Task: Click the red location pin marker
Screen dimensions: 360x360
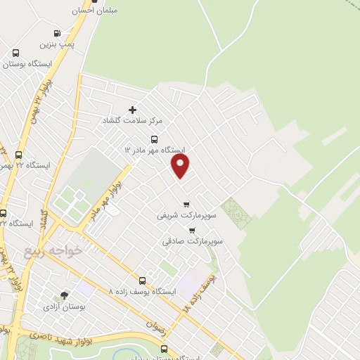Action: click(x=181, y=166)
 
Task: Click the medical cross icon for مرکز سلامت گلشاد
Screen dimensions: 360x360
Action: click(x=132, y=110)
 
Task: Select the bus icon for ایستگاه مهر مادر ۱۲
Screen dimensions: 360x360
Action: click(x=155, y=139)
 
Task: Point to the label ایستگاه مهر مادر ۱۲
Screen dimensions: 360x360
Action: click(x=154, y=150)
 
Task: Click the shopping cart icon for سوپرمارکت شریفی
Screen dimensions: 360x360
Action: click(x=186, y=205)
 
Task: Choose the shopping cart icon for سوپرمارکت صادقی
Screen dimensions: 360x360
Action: click(x=192, y=230)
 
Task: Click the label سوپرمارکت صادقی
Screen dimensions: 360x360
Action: click(x=193, y=241)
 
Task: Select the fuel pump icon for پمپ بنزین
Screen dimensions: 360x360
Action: click(x=57, y=33)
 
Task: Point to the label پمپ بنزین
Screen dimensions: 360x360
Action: click(x=56, y=44)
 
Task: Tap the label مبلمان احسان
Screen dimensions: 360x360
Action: click(x=94, y=11)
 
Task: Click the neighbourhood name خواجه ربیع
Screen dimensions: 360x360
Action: click(x=56, y=250)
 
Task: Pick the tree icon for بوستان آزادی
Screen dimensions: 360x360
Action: click(x=65, y=295)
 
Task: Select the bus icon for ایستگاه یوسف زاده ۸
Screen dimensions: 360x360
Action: click(x=143, y=281)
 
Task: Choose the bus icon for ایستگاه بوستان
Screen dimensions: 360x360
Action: click(x=16, y=53)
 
